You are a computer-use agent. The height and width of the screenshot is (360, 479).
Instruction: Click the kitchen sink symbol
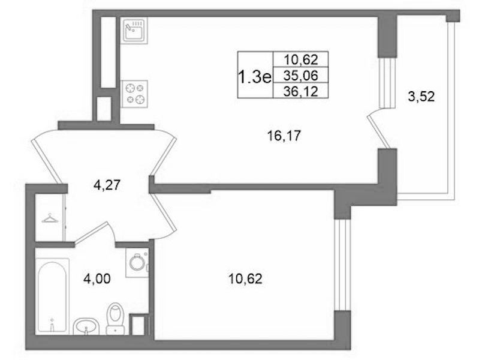point(134,31)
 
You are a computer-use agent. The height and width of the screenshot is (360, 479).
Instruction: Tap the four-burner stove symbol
point(134,94)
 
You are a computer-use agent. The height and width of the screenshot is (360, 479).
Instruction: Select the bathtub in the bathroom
point(52,296)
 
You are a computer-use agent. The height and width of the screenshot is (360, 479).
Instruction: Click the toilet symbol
point(115,319)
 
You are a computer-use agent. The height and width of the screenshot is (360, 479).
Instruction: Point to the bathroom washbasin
point(86,326)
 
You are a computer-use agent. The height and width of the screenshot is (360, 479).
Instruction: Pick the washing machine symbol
point(137,262)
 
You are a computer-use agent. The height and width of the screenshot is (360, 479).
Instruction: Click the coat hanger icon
point(50,218)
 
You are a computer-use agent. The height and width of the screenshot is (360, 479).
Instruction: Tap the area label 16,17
point(284,136)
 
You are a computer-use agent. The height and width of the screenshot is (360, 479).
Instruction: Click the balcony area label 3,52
point(421,97)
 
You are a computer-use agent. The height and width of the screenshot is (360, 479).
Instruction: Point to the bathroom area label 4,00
point(97,278)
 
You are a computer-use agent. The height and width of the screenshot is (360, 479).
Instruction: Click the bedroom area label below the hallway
point(245,278)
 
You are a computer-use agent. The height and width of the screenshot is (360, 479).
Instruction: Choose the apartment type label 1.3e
point(254,77)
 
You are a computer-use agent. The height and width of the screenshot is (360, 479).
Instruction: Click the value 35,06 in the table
point(300,75)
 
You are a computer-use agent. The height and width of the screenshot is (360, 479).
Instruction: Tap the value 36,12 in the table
point(300,91)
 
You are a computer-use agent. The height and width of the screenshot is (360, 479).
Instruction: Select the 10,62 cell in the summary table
point(300,59)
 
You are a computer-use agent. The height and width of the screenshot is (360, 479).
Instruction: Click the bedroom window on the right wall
point(342,265)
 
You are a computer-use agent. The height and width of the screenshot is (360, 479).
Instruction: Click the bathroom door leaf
point(90,232)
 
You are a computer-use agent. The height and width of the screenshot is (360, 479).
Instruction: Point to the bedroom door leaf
point(163,212)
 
